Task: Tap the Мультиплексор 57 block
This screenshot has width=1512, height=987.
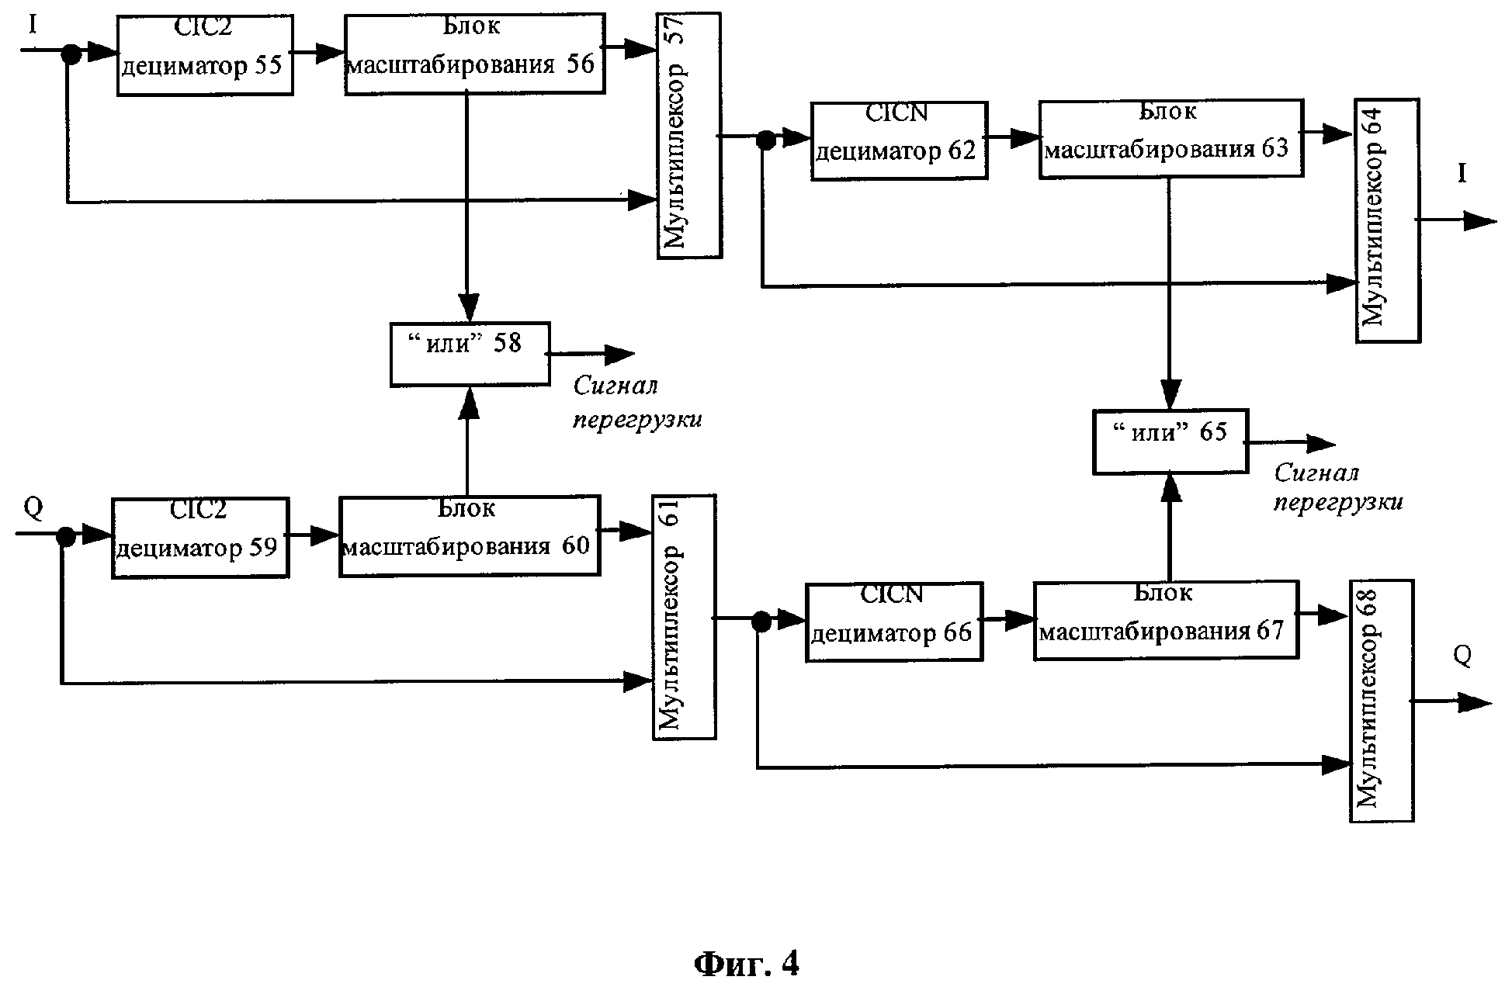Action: pyautogui.click(x=689, y=135)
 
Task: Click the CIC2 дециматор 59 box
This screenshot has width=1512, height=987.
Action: pyautogui.click(x=200, y=538)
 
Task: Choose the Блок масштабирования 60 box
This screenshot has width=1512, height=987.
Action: pyautogui.click(x=470, y=536)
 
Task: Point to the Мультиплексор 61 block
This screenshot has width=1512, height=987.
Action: pyautogui.click(x=684, y=617)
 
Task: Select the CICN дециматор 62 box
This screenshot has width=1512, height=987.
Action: pyautogui.click(x=899, y=141)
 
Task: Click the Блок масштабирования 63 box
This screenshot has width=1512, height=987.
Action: pyautogui.click(x=1170, y=139)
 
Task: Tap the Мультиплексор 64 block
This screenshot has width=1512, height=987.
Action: pyautogui.click(x=1388, y=220)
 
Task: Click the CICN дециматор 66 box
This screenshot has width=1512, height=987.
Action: pyautogui.click(x=894, y=622)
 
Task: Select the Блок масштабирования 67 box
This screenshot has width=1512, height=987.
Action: pyautogui.click(x=1166, y=620)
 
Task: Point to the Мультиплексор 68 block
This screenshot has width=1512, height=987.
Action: pyautogui.click(x=1382, y=701)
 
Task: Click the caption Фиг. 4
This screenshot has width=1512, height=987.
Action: pyautogui.click(x=745, y=964)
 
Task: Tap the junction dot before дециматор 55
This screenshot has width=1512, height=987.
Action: pyautogui.click(x=71, y=53)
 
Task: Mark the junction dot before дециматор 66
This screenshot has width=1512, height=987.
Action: pyautogui.click(x=761, y=620)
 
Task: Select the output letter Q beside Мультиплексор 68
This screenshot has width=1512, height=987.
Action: pyautogui.click(x=1462, y=656)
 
